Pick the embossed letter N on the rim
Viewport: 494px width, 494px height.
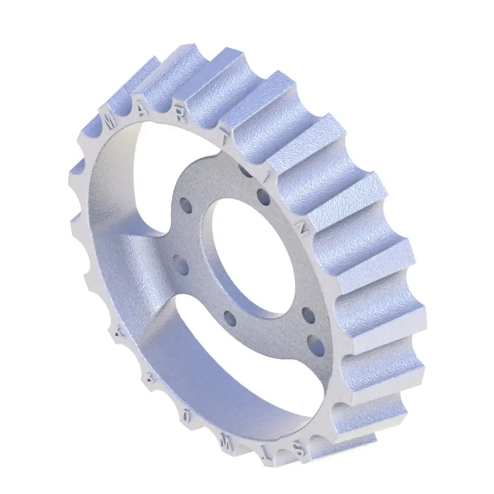pyautogui.click(x=303, y=230)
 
